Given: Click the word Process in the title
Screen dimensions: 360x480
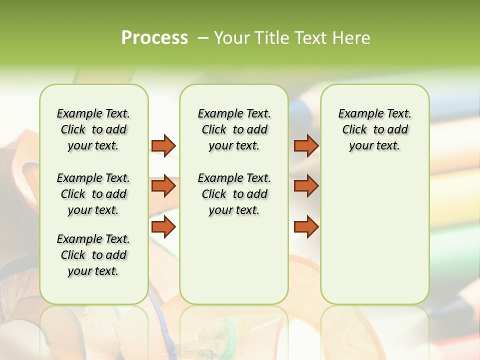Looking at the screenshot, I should pos(154,38).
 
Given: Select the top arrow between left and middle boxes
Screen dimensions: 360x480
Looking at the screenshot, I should pos(163,145).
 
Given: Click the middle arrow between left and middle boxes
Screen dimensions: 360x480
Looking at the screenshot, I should pos(163,186).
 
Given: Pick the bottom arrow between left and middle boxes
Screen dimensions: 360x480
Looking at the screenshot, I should pos(163,226).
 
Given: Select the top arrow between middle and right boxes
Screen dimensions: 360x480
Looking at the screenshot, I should pos(306,145).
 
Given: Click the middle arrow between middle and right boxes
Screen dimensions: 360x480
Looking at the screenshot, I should pos(306,186).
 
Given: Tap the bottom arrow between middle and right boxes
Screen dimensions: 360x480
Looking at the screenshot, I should pos(306,226).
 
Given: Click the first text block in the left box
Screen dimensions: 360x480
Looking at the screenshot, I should pos(93,129).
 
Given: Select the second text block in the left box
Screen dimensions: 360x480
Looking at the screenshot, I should pos(93,194).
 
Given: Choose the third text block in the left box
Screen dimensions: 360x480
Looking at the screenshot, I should pos(93,255).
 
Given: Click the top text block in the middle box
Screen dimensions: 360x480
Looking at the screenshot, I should pos(234,129).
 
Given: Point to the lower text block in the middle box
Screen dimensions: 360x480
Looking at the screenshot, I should pos(234,194).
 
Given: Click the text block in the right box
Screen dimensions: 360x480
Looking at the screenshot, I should pos(374,129).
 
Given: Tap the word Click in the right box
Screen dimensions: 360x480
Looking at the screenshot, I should pos(354,130).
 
